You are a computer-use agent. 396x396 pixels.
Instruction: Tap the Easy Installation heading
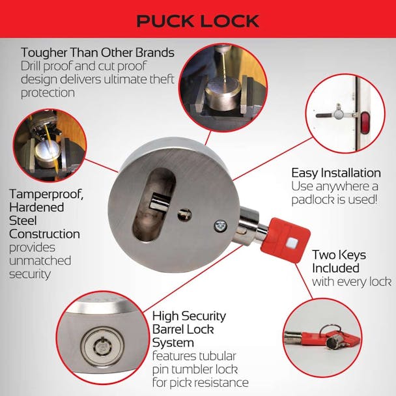(336, 173)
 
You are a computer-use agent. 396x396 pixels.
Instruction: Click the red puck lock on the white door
(364, 121)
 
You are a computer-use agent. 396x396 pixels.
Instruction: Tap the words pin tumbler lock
(195, 369)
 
